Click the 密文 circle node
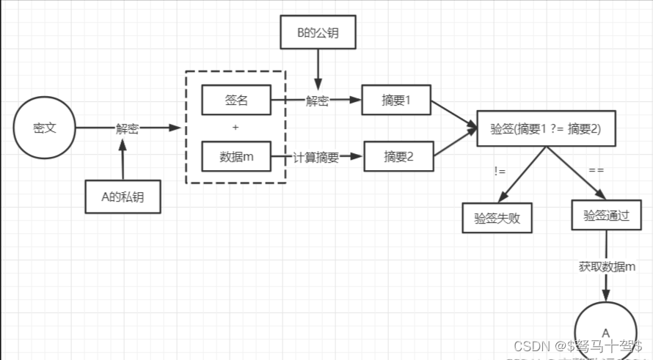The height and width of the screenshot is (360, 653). (45, 128)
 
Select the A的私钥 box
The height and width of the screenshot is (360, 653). (123, 196)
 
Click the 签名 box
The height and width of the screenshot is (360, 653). (236, 100)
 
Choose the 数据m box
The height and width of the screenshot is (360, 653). (236, 155)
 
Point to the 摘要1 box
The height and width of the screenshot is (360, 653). (396, 100)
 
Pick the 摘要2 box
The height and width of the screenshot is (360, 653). (398, 155)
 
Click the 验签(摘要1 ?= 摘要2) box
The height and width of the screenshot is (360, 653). (545, 129)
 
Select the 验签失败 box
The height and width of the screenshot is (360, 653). (497, 218)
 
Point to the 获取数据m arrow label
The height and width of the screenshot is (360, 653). (606, 267)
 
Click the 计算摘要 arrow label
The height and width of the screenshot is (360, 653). (316, 156)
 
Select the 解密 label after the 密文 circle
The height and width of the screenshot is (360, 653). (127, 128)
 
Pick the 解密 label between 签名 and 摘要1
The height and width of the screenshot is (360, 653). (317, 101)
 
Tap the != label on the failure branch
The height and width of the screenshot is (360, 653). (500, 171)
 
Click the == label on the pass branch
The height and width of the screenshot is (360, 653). (596, 171)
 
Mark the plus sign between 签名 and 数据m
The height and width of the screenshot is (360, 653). (236, 128)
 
